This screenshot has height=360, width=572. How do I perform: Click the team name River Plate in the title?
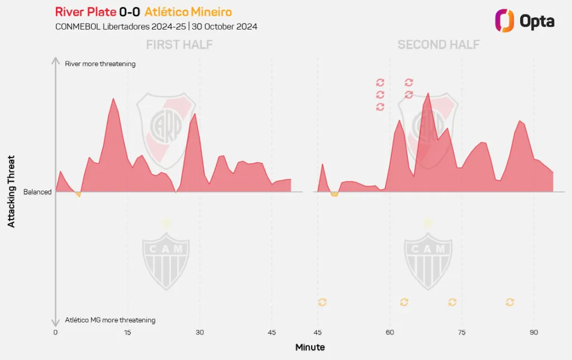(85, 12)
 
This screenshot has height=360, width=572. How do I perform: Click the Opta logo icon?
(504, 21)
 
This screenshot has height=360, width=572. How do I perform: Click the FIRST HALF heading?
(179, 45)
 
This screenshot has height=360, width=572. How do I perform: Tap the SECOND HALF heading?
(438, 45)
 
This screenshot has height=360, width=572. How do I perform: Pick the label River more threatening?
(100, 64)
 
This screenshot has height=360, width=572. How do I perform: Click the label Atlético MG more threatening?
(110, 320)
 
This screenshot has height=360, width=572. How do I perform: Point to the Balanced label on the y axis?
(37, 192)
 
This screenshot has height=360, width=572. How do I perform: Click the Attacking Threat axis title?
(11, 191)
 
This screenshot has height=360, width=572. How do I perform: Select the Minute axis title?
(309, 347)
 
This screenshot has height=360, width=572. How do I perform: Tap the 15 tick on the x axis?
(127, 332)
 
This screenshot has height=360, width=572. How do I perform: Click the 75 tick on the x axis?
(461, 332)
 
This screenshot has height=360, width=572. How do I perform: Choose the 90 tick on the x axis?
(533, 332)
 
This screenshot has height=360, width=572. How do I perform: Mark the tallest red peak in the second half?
(427, 93)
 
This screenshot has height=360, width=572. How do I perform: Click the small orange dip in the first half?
(78, 195)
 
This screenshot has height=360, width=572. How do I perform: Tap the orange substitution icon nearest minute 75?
(452, 302)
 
